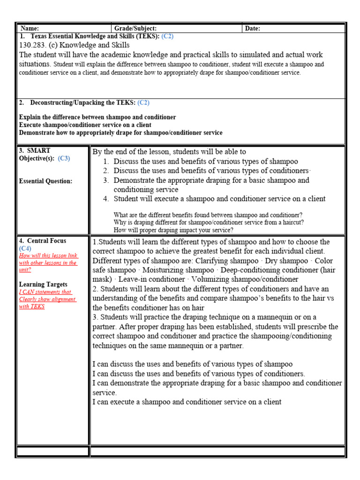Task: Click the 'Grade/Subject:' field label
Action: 135,29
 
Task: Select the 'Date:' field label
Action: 253,29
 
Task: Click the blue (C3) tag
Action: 64,158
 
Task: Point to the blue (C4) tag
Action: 25,248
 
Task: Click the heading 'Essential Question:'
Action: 45,181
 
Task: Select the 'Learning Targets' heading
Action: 43,285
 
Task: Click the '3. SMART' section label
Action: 34,150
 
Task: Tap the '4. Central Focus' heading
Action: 42,241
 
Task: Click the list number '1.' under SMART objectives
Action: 106,161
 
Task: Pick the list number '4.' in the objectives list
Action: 106,199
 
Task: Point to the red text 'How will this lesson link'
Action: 47,255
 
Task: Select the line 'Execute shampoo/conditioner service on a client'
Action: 85,125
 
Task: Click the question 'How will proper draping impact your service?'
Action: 173,230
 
